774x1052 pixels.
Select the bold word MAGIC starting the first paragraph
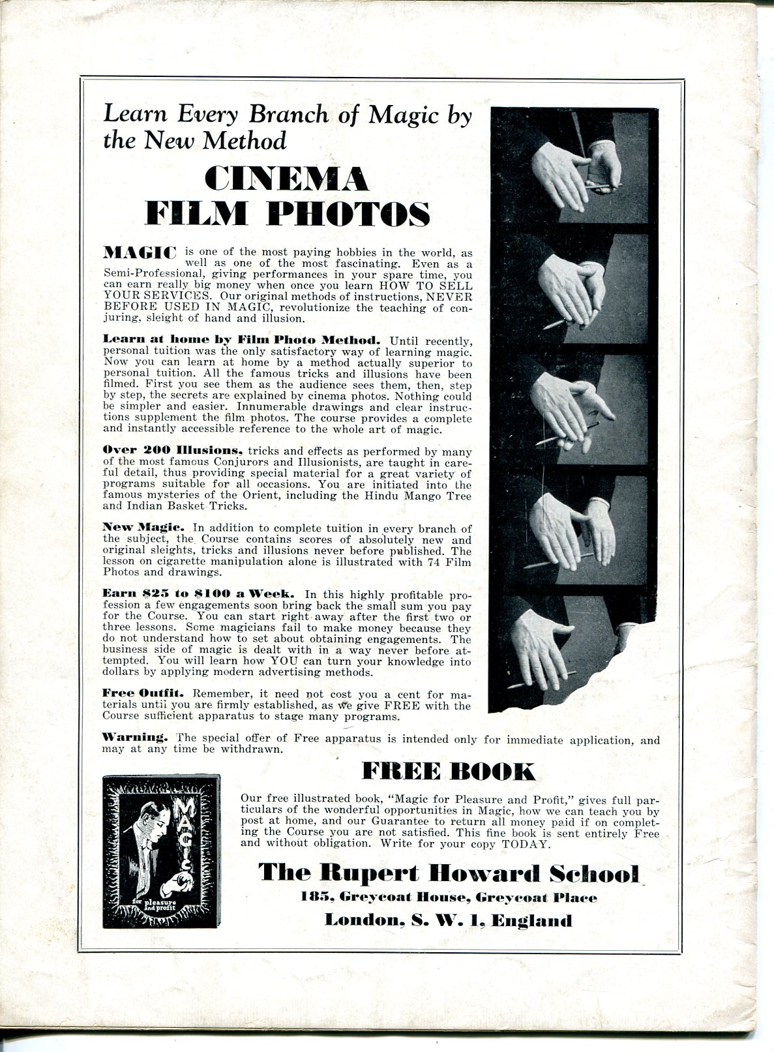click(140, 252)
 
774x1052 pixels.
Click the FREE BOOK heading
click(448, 772)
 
